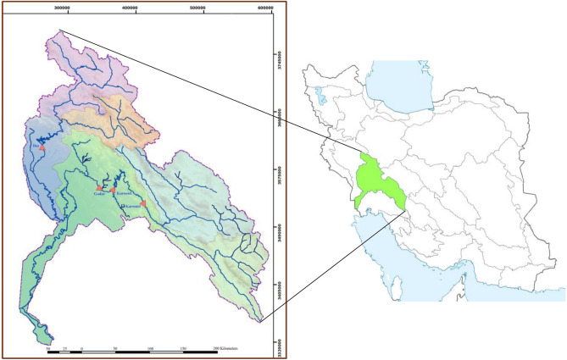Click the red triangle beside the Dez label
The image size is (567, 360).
(42, 148)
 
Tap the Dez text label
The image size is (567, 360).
(36, 146)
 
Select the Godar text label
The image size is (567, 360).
(99, 194)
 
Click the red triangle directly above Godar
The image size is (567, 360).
(99, 187)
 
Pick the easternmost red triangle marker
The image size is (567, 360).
(144, 203)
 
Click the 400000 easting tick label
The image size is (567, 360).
(130, 8)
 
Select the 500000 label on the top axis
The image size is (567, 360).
(198, 8)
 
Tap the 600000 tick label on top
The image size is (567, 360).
(265, 8)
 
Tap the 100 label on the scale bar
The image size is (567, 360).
(150, 348)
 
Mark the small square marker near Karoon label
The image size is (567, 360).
(122, 207)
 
